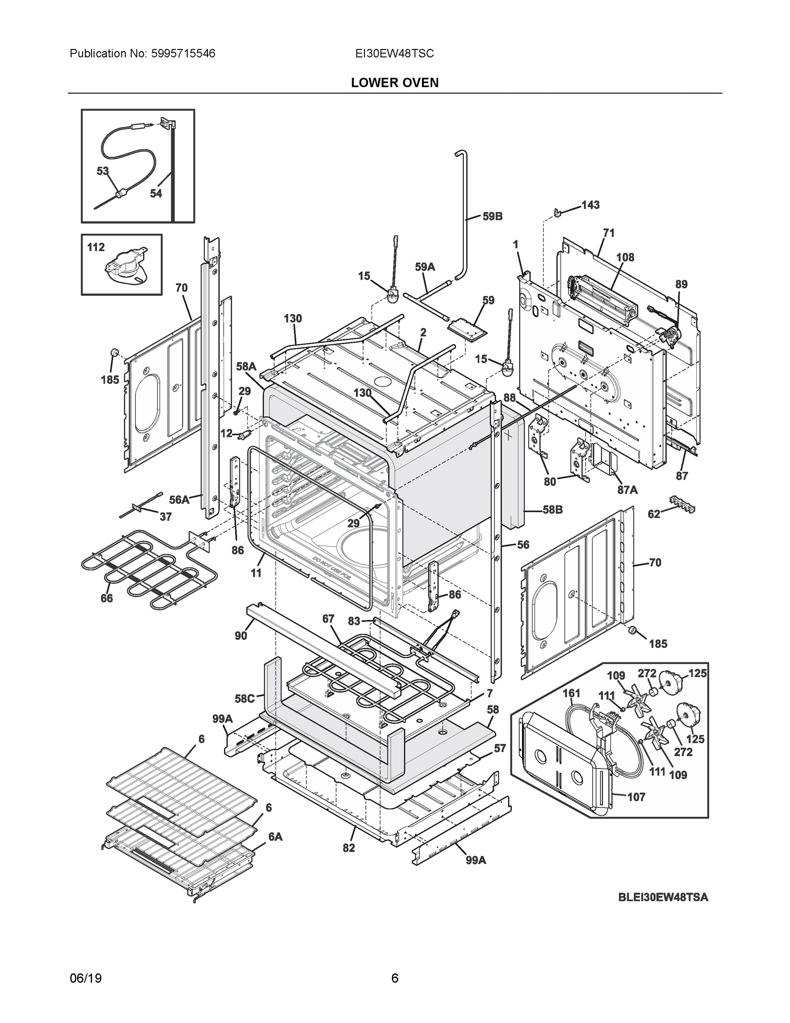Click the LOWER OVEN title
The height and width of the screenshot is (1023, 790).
pos(394,83)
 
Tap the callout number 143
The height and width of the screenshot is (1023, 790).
pos(590,205)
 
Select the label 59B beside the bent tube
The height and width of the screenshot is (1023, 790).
pos(492,217)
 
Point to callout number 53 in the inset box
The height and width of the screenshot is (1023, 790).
pos(103,171)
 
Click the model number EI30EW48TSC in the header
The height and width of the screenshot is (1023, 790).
pos(394,54)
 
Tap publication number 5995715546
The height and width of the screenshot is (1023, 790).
pos(183,54)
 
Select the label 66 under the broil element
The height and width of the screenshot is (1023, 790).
pos(107,598)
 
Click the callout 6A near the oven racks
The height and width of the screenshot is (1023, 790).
pos(275,837)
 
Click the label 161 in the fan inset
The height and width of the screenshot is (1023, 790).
pos(572,693)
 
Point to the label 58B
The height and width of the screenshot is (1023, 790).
pos(553,510)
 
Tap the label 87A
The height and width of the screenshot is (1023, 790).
pos(627,490)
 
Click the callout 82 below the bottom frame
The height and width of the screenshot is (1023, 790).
pos(349,848)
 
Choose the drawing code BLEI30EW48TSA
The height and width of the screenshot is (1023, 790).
pos(663,897)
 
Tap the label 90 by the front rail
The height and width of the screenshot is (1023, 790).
pos(241,636)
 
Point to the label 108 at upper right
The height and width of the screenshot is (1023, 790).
pos(625,257)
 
